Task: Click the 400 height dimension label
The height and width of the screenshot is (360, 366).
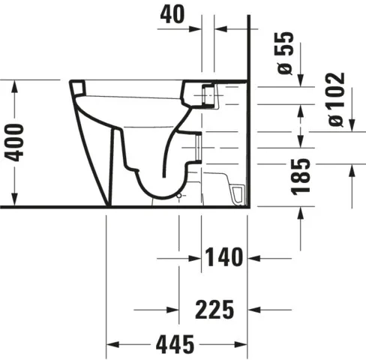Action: coord(16,142)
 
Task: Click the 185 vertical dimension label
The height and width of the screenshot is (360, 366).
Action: coord(301,176)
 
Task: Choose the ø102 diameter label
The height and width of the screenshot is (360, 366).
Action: coord(335,100)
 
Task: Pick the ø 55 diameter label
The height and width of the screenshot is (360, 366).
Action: coord(285,52)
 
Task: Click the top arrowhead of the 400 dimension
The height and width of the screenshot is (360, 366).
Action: coord(16,84)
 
